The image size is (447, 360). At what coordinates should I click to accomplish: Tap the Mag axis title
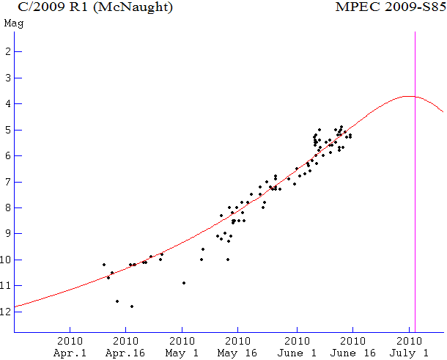coord(12,23)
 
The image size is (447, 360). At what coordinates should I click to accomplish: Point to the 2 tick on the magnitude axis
coord(7,52)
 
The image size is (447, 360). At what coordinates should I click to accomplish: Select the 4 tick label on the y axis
coord(7,104)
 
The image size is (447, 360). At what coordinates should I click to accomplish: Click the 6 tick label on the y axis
coord(7,156)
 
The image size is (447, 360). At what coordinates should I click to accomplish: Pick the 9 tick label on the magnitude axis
coord(7,234)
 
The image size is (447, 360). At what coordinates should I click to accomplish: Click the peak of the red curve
coord(409,96)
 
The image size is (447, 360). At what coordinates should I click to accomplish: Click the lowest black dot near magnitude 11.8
coord(132,306)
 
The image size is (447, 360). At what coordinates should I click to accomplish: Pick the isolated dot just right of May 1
coord(184,283)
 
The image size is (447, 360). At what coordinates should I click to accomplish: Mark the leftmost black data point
coord(104,265)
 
